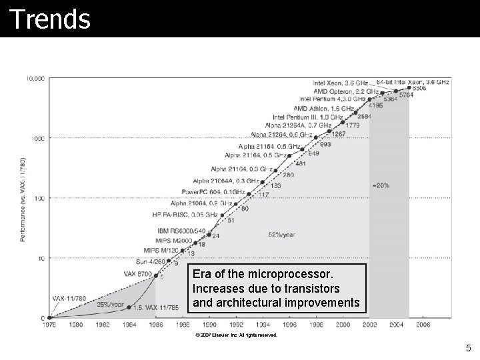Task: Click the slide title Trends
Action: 50,19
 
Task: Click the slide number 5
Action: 468,348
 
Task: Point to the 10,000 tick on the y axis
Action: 36,79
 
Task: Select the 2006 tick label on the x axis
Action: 423,325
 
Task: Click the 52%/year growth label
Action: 282,235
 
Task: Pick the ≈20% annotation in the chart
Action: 381,185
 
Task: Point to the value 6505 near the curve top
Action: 419,88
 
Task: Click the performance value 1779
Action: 353,125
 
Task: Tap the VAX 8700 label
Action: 139,273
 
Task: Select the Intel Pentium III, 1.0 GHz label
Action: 307,117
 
